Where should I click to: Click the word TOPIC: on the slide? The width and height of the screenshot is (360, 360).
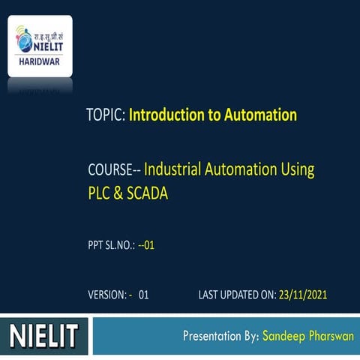pos(106,115)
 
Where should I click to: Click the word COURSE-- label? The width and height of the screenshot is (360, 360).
pos(114,169)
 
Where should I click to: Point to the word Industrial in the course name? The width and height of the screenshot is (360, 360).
pos(176,169)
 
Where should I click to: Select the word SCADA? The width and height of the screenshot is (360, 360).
pos(147,193)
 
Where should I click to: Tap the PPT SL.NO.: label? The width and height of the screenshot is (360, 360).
pos(112,244)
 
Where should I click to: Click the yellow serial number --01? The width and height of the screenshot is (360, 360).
pos(146,244)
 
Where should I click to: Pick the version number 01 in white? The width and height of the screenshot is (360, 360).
pos(143,295)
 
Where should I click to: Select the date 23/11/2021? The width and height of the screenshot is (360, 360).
pos(303,295)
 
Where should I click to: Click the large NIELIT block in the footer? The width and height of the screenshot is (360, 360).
pos(44,335)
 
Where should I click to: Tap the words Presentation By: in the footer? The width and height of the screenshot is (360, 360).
pos(221,335)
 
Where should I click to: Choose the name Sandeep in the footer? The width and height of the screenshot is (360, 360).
pos(283,335)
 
